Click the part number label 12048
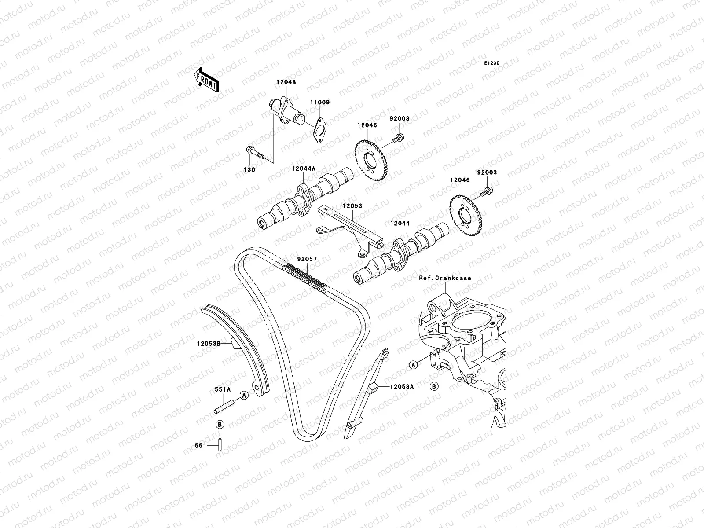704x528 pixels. pos(286,82)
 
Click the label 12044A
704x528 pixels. pos(304,169)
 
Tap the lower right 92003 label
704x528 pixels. pos(486,172)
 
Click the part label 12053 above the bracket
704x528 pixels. pos(353,205)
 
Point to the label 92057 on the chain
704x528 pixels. pos(307,260)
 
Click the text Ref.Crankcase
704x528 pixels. pos(445,278)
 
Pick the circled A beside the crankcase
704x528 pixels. pos(413,364)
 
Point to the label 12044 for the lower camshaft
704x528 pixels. pos(399,224)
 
